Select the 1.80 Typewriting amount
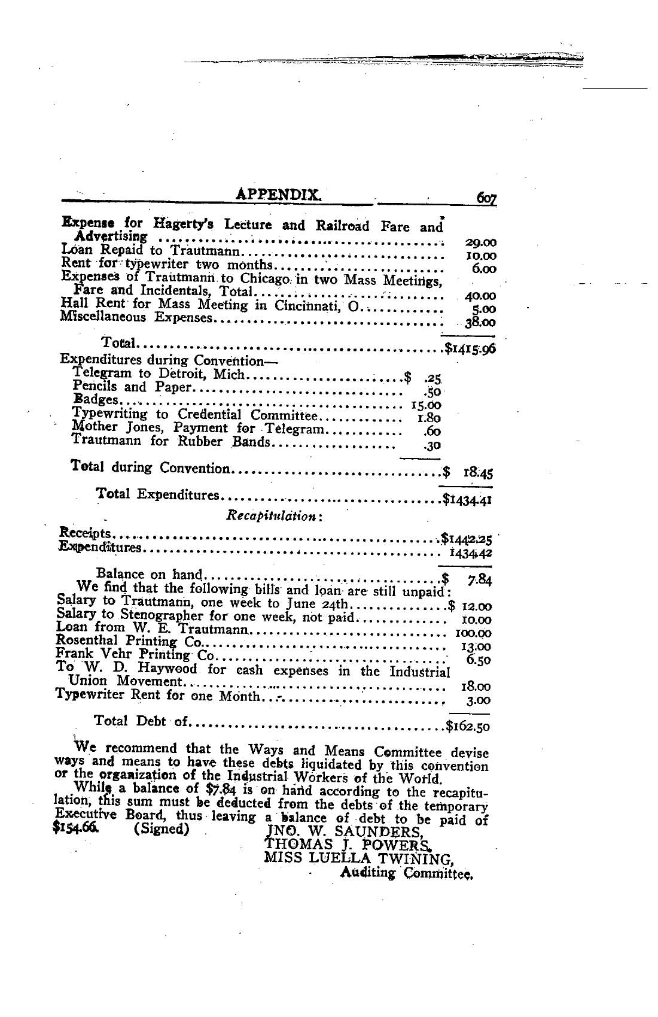[429, 418]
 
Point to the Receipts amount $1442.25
[467, 536]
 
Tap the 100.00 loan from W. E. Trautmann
[473, 633]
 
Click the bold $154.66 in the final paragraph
[76, 830]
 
